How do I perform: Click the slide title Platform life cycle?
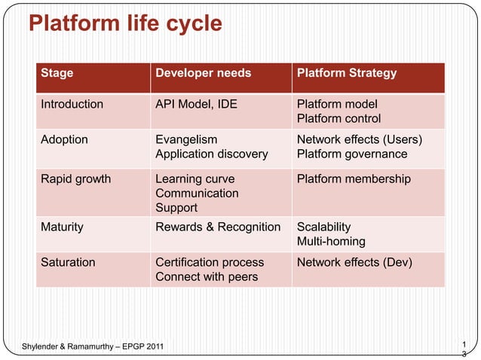pyautogui.click(x=125, y=24)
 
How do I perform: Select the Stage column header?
pyautogui.click(x=57, y=74)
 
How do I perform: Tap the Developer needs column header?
pyautogui.click(x=203, y=74)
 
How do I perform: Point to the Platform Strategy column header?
pyautogui.click(x=347, y=74)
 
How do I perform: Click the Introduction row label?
pyautogui.click(x=72, y=105)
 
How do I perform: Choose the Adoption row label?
pyautogui.click(x=64, y=140)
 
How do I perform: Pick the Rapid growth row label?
pyautogui.click(x=75, y=179)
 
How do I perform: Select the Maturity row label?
pyautogui.click(x=62, y=227)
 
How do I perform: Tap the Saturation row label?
pyautogui.click(x=68, y=263)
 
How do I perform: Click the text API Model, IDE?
pyautogui.click(x=195, y=105)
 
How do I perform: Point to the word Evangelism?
pyautogui.click(x=186, y=140)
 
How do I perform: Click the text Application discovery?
pyautogui.click(x=211, y=154)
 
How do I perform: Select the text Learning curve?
pyautogui.click(x=195, y=179)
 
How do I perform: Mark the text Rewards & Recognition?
pyautogui.click(x=218, y=227)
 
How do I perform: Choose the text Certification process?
pyautogui.click(x=210, y=263)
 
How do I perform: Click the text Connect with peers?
pyautogui.click(x=206, y=277)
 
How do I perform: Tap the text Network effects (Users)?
pyautogui.click(x=360, y=140)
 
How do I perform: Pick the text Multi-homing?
pyautogui.click(x=331, y=242)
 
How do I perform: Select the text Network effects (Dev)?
pyautogui.click(x=354, y=263)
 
